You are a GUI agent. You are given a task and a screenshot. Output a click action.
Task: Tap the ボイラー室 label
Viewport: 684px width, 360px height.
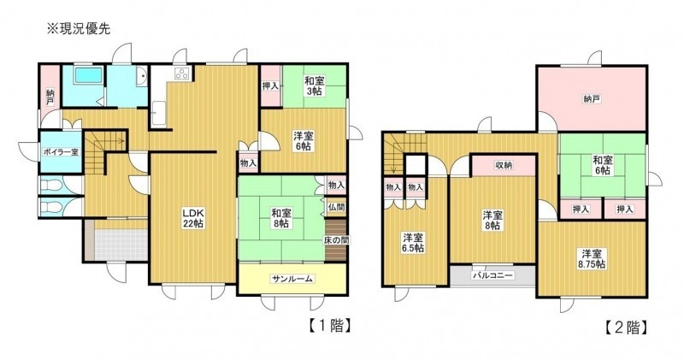click(x=61, y=152)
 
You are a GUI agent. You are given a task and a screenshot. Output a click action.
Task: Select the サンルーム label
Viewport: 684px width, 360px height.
click(x=292, y=279)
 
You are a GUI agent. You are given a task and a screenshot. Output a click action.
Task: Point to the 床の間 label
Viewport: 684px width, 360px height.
click(x=335, y=240)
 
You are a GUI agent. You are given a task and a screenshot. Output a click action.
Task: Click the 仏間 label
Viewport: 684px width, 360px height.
click(x=337, y=207)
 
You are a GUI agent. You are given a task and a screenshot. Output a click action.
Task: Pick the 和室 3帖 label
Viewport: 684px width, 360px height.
click(x=313, y=86)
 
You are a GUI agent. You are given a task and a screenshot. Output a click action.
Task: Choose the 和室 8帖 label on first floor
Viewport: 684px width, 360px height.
click(x=281, y=218)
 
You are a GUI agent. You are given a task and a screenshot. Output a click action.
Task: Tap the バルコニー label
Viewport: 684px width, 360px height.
click(x=492, y=275)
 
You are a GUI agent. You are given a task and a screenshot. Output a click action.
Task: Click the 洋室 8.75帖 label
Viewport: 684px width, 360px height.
click(x=592, y=259)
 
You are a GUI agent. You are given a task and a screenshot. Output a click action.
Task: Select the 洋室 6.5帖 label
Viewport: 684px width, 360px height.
click(x=413, y=243)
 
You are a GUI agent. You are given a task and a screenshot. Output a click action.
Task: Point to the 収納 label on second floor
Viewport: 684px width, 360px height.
click(x=504, y=165)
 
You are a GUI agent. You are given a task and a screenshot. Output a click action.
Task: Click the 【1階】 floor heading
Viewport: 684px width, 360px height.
click(x=330, y=326)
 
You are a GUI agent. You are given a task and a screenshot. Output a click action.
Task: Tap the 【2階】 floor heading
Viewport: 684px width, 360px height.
click(x=626, y=328)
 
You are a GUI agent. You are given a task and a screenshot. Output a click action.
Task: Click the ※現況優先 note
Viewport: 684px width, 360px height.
click(x=79, y=29)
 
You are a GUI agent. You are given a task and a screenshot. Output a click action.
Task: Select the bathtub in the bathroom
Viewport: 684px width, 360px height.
click(x=89, y=75)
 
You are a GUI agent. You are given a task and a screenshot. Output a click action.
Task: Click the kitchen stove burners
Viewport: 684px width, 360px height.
click(x=183, y=74)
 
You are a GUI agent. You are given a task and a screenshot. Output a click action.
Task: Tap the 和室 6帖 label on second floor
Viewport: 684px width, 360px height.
click(x=603, y=165)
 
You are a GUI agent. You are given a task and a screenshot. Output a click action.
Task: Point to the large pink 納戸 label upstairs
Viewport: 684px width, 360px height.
click(x=591, y=99)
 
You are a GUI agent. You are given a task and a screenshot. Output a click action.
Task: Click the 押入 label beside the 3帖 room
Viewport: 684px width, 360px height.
click(x=270, y=86)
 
